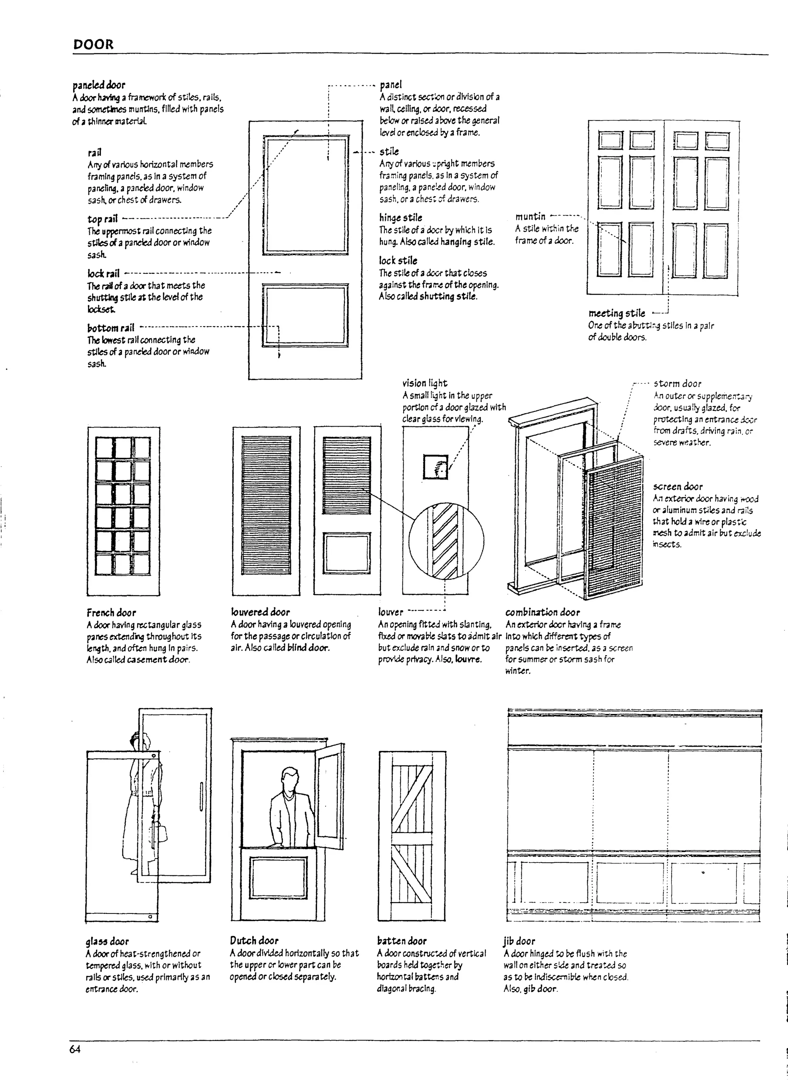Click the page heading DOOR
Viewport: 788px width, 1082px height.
(x=93, y=45)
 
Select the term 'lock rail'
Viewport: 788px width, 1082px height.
(x=103, y=273)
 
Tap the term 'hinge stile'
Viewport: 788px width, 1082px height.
(x=401, y=218)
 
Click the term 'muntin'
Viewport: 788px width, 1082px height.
(x=530, y=217)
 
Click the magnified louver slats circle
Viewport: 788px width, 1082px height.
(x=446, y=540)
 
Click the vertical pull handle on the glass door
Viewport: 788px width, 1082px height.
(x=201, y=796)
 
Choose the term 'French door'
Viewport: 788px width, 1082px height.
(x=111, y=613)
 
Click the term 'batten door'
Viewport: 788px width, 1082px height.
(x=401, y=941)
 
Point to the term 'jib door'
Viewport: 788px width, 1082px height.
(x=519, y=941)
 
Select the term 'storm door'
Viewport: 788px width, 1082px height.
(x=677, y=383)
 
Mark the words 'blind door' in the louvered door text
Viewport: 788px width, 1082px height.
(x=308, y=648)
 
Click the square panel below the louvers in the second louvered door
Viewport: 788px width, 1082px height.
(x=347, y=554)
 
